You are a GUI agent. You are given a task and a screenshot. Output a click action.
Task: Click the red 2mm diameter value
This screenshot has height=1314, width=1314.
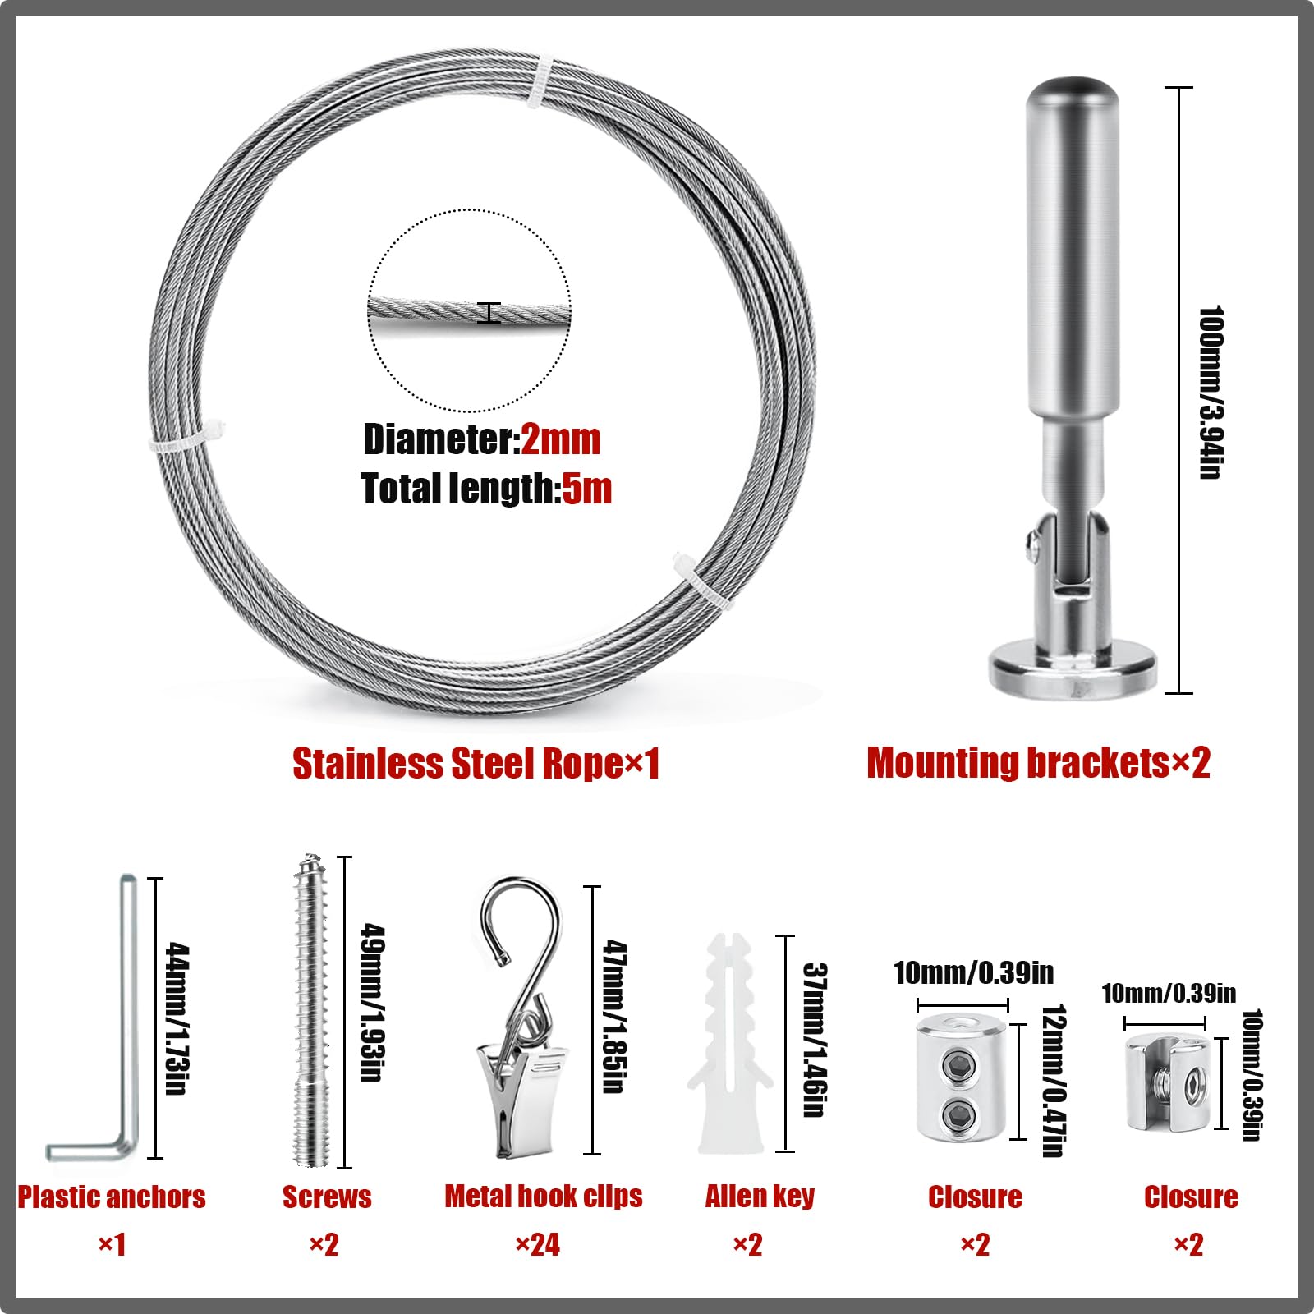click(x=561, y=439)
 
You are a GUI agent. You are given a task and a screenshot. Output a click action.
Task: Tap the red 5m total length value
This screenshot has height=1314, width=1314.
click(x=586, y=489)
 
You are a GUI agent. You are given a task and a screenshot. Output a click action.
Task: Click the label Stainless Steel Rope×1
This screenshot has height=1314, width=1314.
click(x=476, y=763)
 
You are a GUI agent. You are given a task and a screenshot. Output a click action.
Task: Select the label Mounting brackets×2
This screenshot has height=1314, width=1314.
click(x=1039, y=763)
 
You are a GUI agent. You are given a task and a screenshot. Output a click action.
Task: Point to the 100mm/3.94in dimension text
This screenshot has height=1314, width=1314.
click(x=1211, y=392)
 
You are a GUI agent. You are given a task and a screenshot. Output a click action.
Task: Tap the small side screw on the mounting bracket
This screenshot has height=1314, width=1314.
click(x=1031, y=543)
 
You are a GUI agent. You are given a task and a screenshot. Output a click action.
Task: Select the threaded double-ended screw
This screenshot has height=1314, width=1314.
click(x=312, y=1010)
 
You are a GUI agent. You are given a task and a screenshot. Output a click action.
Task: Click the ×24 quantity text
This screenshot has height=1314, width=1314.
click(x=538, y=1245)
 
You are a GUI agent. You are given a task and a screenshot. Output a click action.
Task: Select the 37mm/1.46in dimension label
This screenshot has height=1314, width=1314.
click(x=814, y=1040)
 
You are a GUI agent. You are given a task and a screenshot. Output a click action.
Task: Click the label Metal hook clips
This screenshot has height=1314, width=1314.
click(x=544, y=1197)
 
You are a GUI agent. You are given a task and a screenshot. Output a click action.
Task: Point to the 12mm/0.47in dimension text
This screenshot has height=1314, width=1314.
click(x=1054, y=1081)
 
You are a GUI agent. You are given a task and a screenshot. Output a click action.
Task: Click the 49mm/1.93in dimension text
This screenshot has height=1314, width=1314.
click(x=373, y=1004)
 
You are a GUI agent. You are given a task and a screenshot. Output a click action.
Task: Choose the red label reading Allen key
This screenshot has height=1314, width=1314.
click(x=760, y=1197)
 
